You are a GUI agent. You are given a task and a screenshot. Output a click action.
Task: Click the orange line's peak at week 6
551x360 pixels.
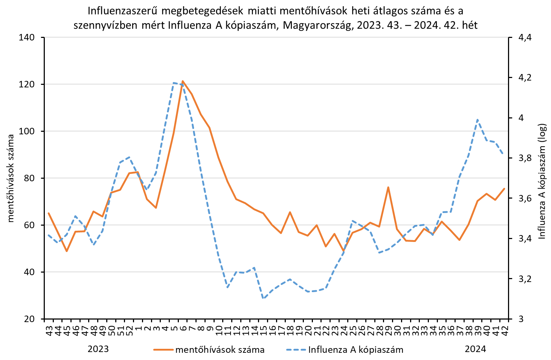183,81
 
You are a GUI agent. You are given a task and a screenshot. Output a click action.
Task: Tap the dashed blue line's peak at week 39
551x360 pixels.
477,120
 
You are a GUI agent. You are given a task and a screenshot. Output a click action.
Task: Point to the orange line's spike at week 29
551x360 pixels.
388,187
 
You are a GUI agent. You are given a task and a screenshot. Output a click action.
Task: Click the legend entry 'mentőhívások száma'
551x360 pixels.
220,350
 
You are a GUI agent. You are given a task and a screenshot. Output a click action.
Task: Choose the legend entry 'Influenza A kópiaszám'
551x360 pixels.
356,350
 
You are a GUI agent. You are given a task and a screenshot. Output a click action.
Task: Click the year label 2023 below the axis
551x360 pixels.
98,349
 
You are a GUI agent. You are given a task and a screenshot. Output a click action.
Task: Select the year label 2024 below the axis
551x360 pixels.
475,349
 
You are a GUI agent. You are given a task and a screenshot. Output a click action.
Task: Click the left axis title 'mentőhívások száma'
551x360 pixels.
11,178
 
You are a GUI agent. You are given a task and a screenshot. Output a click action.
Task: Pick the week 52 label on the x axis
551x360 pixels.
129,330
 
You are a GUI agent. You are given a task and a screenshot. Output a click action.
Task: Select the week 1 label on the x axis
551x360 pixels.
138,328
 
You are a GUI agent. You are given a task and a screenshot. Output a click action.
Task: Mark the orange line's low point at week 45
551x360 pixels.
66,251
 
